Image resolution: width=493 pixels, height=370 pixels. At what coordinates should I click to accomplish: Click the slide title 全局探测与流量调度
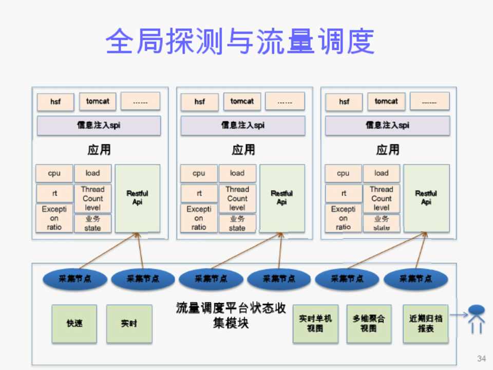[240, 41]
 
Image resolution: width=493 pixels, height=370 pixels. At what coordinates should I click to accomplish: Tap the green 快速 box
[74, 324]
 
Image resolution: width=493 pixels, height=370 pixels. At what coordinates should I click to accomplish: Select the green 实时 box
[129, 324]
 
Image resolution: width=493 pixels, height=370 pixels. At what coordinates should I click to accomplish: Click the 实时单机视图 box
[315, 324]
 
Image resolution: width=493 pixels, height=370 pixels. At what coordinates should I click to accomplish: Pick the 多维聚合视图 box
[368, 324]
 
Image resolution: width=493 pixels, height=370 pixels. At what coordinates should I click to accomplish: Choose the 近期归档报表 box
[425, 324]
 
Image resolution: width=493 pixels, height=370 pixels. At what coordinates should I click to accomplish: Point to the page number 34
[481, 358]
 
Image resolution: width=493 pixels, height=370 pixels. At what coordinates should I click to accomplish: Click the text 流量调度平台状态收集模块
[231, 316]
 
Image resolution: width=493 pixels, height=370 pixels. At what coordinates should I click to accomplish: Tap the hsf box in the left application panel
[55, 102]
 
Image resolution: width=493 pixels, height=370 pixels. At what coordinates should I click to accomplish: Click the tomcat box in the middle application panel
[242, 101]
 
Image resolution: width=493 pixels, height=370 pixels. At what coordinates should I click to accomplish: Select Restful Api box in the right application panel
[426, 198]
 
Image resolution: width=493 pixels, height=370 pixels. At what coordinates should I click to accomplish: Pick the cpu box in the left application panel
[54, 173]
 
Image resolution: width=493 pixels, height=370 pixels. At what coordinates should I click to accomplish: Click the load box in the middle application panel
[237, 173]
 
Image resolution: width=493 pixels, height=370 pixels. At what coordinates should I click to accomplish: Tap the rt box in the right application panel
[343, 193]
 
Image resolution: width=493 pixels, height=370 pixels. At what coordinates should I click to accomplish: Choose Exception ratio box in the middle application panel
[199, 218]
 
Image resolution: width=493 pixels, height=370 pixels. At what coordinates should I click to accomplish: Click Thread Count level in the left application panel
[92, 198]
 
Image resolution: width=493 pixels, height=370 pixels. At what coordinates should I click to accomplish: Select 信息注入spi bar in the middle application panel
[243, 125]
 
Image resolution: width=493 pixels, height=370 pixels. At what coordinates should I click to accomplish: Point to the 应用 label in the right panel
[388, 150]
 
